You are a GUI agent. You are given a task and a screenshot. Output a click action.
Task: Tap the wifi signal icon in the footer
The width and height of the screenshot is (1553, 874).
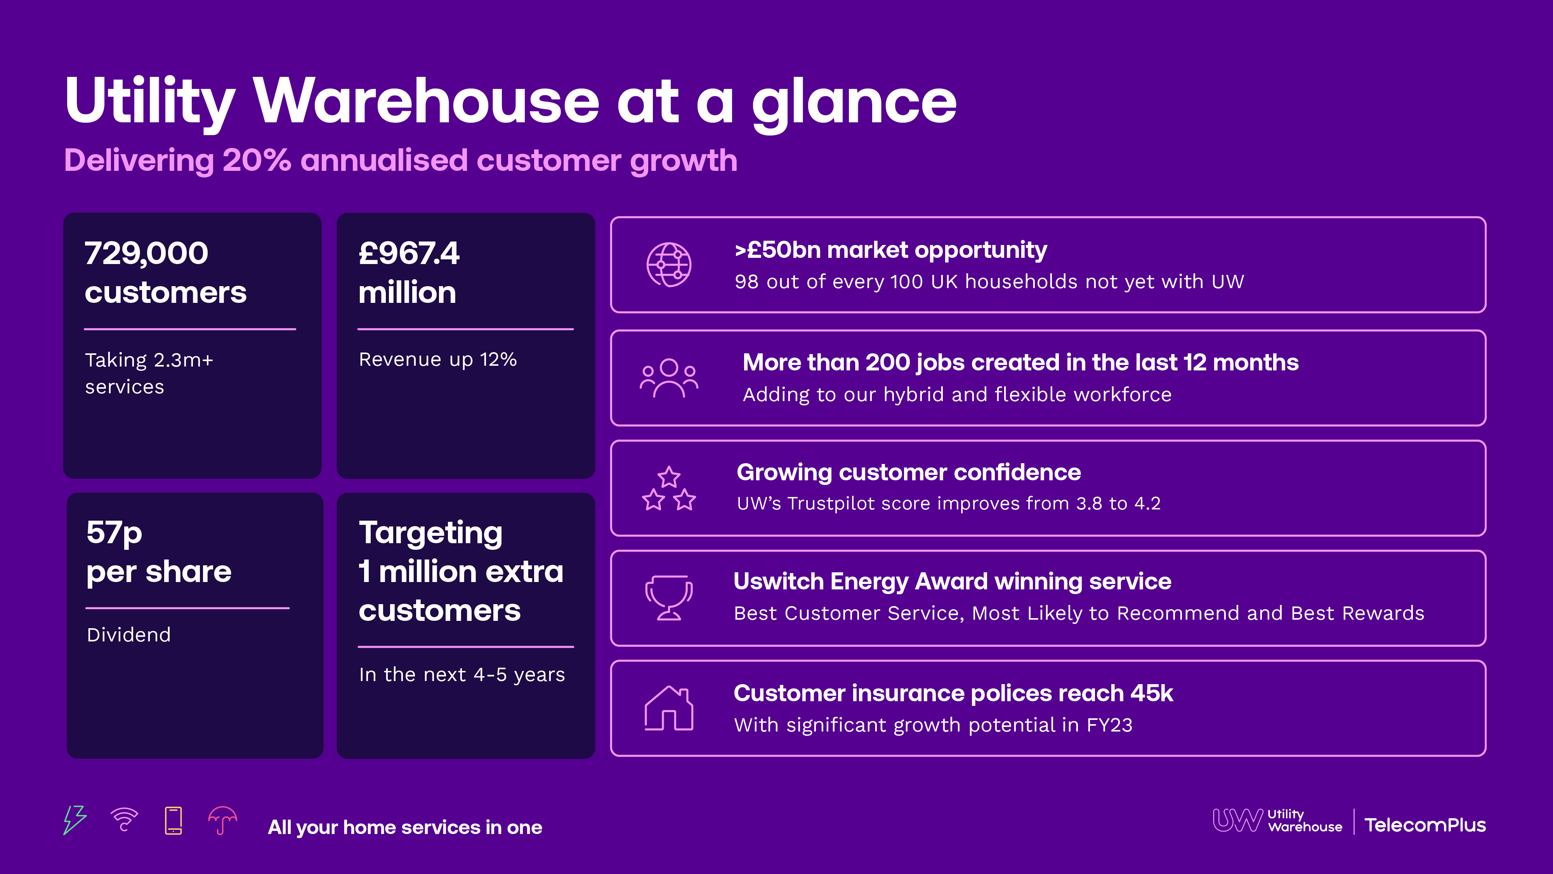pos(124,820)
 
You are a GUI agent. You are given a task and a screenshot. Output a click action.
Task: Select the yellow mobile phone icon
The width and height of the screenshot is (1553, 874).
pos(174,820)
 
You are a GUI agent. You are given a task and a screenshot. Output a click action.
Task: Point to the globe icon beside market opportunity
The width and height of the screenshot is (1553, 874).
pos(668,265)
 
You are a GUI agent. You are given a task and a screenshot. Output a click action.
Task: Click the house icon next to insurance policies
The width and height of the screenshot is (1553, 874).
pos(668,708)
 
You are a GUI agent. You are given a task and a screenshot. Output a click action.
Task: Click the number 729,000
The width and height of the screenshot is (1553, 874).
pos(146,253)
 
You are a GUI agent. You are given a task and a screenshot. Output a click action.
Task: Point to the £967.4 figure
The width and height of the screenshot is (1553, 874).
pos(409,253)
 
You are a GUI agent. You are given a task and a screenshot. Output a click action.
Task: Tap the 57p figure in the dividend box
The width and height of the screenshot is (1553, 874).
pos(114,533)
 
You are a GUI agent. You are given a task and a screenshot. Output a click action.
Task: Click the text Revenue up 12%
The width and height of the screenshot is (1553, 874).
pos(438,360)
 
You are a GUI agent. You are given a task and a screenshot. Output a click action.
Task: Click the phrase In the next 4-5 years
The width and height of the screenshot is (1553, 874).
pos(462,674)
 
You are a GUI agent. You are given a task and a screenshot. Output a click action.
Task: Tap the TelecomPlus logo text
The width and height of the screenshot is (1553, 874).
pos(1425,825)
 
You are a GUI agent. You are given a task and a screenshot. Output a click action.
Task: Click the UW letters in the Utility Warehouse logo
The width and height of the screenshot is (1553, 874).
pos(1237,820)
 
